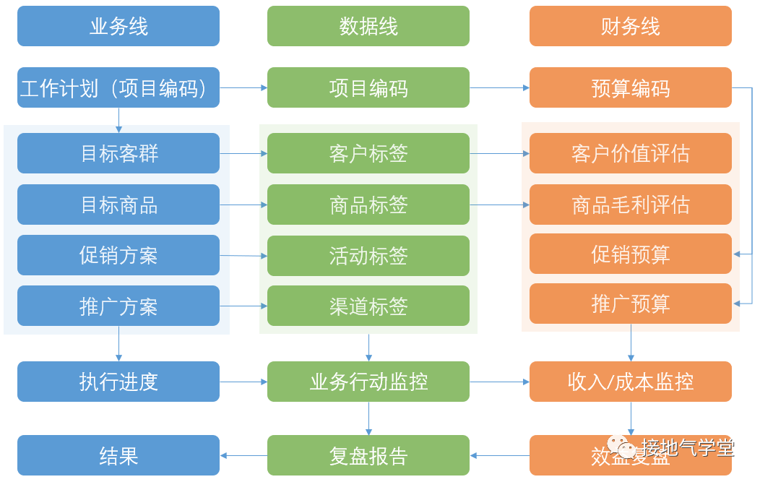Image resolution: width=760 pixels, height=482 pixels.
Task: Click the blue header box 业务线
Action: point(118,27)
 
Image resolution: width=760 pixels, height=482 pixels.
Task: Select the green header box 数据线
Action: point(368,27)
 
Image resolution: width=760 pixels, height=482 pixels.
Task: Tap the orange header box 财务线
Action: point(630,27)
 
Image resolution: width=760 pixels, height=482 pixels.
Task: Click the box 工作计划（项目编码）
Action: point(118,88)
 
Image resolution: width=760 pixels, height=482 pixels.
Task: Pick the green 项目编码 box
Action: point(368,88)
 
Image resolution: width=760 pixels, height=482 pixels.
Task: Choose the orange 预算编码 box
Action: point(630,88)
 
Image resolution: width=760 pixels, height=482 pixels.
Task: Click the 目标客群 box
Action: point(118,153)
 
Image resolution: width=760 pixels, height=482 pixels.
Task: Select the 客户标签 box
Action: point(368,153)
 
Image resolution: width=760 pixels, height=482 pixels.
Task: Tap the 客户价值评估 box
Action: point(630,153)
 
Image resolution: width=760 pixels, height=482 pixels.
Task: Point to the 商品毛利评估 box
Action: point(630,205)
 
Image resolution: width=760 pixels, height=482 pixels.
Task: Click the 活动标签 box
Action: point(368,256)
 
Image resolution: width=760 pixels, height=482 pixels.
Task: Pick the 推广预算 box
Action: point(630,304)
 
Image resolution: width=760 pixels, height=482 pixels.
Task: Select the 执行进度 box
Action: point(118,382)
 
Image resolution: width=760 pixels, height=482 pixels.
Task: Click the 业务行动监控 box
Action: point(368,382)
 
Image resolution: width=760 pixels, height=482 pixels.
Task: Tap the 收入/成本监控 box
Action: point(630,382)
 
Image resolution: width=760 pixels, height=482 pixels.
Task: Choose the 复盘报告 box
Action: point(368,455)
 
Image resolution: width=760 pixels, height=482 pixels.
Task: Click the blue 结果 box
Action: point(118,455)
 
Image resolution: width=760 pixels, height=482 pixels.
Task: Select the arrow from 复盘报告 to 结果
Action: point(243,455)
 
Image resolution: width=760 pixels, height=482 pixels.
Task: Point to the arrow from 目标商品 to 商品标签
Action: point(243,205)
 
